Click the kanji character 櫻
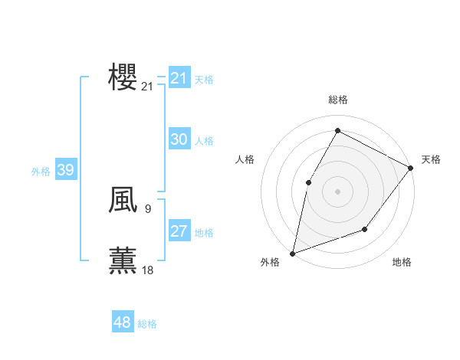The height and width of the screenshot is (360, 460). tap(123, 78)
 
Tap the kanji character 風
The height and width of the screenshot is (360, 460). tap(123, 200)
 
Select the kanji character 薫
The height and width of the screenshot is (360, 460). tap(123, 260)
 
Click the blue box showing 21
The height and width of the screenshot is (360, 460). tap(179, 78)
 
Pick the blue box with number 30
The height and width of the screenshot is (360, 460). tap(179, 139)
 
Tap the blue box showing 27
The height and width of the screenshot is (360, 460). tap(179, 231)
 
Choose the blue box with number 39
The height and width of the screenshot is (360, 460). tap(65, 170)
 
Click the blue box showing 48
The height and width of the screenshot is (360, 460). tap(123, 322)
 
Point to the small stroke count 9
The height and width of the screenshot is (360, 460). tap(147, 208)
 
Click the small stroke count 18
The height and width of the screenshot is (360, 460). tap(147, 270)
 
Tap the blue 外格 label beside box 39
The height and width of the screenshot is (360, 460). tap(41, 172)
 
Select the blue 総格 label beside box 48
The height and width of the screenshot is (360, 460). tap(147, 324)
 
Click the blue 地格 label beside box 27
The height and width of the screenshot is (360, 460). tap(204, 233)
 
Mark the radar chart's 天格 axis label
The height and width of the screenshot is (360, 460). tap(431, 159)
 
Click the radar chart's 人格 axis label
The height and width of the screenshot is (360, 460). tap(245, 159)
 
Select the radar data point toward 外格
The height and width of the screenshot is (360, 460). tap(292, 253)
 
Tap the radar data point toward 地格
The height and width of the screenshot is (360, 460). tap(365, 229)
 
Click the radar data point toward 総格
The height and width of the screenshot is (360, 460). tap(337, 130)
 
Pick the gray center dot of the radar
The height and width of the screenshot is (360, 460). tap(337, 191)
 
